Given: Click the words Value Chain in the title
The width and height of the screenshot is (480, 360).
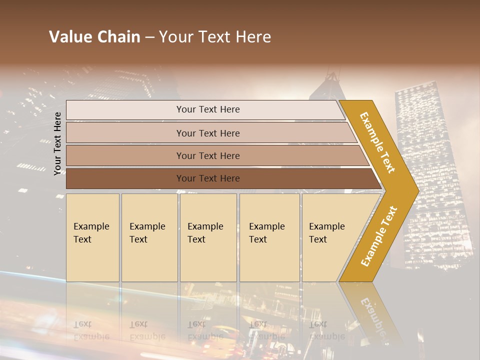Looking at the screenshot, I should [94, 37].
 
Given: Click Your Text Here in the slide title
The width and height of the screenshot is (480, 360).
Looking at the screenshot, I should [215, 37].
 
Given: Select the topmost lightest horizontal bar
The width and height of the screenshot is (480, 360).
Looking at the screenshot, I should [125, 110].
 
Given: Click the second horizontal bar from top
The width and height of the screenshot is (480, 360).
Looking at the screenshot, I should [125, 133].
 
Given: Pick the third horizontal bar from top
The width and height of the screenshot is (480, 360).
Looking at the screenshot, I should [125, 156].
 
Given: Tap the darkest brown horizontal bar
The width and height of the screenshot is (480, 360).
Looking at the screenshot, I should [125, 178].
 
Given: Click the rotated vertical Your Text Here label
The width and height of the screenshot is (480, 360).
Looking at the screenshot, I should [57, 143].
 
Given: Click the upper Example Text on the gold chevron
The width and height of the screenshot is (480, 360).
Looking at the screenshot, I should [377, 142].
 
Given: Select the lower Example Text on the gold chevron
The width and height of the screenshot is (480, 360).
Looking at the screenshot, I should [379, 236].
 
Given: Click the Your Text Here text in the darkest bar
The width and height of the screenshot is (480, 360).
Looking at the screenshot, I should [208, 178].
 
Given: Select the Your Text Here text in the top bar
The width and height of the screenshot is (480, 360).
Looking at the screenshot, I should [208, 109].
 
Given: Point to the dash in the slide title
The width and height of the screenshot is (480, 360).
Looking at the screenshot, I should [149, 37].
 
